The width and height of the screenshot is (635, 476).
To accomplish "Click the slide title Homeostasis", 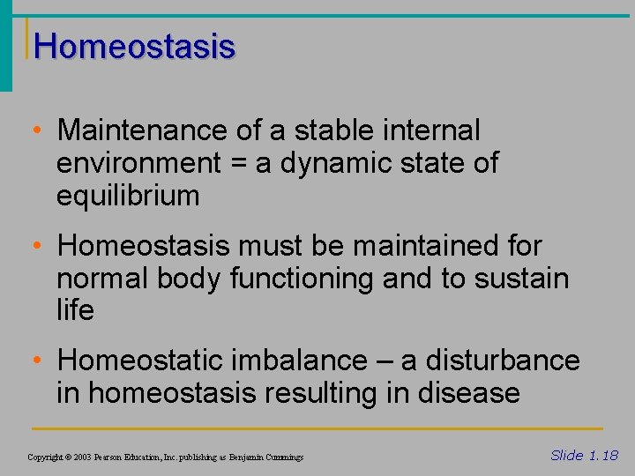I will point(136,46).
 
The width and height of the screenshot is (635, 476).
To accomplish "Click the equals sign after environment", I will point(235,164).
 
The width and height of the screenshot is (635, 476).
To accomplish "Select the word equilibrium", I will point(128,196).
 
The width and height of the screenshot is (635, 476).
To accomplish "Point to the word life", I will point(75,310).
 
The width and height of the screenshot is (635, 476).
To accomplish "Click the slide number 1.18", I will point(603,455).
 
